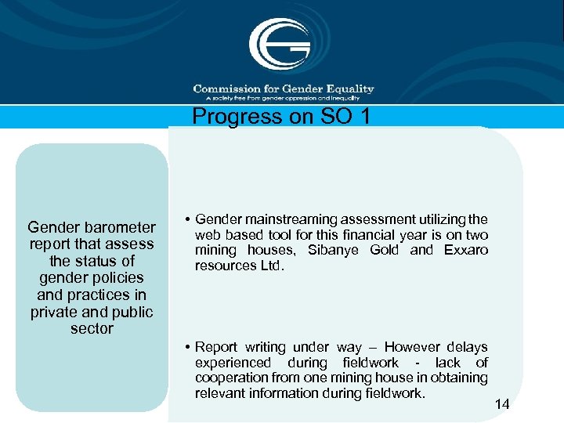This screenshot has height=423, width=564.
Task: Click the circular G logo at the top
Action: tap(280, 44)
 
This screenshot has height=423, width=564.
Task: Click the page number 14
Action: tap(502, 404)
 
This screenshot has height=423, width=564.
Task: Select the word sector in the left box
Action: tap(92, 329)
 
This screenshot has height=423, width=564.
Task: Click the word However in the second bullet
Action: tap(412, 346)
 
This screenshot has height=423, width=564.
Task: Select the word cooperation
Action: tap(233, 378)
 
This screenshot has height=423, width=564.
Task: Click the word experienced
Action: tap(233, 362)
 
